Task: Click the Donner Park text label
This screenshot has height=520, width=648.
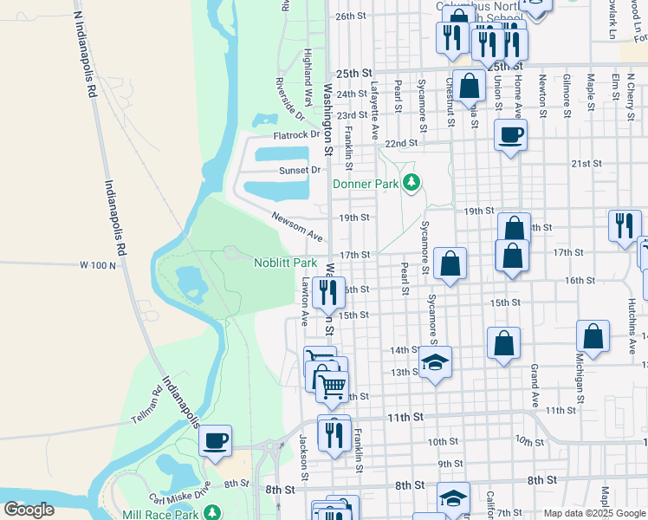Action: pos(365,184)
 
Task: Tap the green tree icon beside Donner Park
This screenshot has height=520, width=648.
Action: pos(413,183)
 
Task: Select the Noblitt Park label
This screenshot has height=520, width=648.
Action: pos(285,263)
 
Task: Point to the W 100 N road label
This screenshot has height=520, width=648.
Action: pos(97,264)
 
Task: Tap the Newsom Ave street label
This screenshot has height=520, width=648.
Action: pos(296,226)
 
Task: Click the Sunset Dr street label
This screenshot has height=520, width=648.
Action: pos(300,171)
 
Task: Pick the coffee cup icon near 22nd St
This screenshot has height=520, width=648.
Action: pos(510,134)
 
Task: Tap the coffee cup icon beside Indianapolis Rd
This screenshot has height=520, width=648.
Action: pos(215,440)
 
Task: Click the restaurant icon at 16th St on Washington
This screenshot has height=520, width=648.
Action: pos(328,292)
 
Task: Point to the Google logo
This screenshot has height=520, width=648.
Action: pos(29,510)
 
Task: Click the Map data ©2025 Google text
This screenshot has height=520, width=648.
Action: pos(594,513)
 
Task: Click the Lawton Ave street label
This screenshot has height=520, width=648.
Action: pos(304,301)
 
